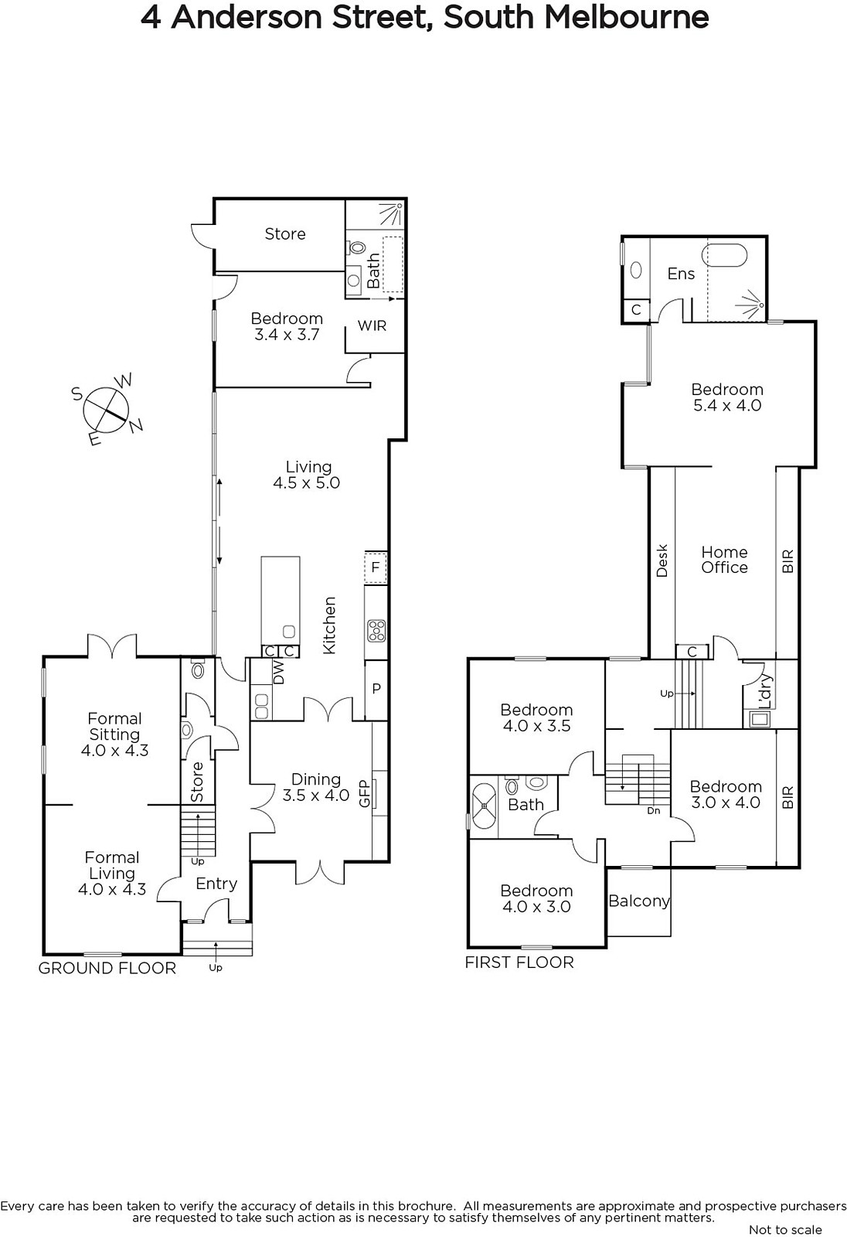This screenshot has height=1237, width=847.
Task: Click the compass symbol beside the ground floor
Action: [107, 410]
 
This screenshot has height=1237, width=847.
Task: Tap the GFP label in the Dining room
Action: [365, 793]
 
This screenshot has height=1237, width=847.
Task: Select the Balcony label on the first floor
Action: [639, 901]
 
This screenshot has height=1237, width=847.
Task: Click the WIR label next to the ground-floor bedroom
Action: [372, 325]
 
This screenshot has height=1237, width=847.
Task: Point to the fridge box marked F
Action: [376, 567]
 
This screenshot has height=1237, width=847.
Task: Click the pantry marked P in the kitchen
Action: [376, 690]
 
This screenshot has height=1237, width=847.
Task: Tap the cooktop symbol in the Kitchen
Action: [376, 631]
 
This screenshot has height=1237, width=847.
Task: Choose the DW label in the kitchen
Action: [279, 673]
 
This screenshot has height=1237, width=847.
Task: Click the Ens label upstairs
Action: [681, 274]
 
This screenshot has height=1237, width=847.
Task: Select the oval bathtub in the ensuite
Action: [724, 256]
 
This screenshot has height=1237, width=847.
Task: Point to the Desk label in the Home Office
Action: [662, 561]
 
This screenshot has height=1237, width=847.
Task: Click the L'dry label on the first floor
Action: [766, 692]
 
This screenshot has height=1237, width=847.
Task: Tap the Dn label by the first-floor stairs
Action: [653, 811]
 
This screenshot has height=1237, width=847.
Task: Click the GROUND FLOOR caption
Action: [107, 968]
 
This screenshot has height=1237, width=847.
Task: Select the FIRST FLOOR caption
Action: [519, 963]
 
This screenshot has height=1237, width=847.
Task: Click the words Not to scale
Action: [785, 1229]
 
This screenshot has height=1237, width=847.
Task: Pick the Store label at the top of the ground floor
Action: [285, 234]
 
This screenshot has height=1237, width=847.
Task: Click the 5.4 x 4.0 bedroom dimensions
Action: [727, 405]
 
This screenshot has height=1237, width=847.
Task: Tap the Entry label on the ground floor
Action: [216, 884]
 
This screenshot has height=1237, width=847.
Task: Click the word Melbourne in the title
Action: [627, 17]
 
